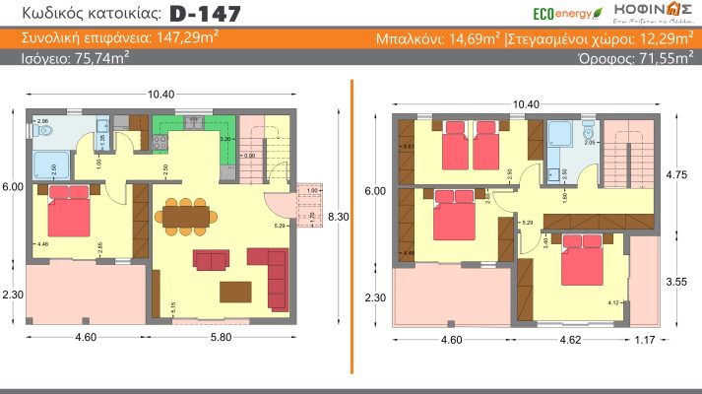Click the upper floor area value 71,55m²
click(658, 58)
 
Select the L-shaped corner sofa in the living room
click(271, 270)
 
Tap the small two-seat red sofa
click(210, 260)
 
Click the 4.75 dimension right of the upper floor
click(676, 174)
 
